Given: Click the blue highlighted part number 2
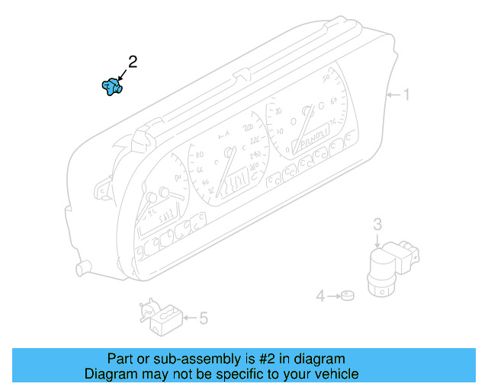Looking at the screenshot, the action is coord(113,87).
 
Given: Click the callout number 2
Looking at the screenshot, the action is coord(133,62).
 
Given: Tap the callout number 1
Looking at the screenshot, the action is coord(406,95).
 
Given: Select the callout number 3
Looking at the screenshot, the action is coord(377,224).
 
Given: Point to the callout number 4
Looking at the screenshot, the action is coord(321,296).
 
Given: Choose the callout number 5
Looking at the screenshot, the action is coord(204,318).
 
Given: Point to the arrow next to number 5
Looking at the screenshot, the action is coord(188,317).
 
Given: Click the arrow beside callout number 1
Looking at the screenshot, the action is coord(393,95).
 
